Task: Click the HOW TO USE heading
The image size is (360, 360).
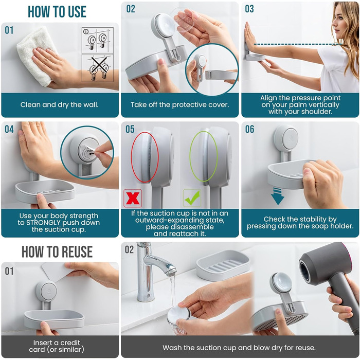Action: [x=57, y=12]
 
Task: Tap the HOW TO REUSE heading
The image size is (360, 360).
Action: [x=57, y=251]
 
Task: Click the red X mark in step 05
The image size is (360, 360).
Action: [x=133, y=198]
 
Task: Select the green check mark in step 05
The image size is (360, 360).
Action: [x=192, y=198]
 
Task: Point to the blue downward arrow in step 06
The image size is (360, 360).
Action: [x=277, y=196]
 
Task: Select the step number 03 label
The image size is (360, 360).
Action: [x=249, y=9]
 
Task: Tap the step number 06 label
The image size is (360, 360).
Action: [x=249, y=129]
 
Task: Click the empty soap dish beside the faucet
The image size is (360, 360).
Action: [x=223, y=265]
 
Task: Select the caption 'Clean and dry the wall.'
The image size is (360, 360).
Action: [x=59, y=105]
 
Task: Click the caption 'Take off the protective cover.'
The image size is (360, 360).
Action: [x=180, y=105]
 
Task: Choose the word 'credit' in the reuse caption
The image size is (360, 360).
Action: [x=69, y=343]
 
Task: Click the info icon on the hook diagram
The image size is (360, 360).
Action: [x=86, y=31]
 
